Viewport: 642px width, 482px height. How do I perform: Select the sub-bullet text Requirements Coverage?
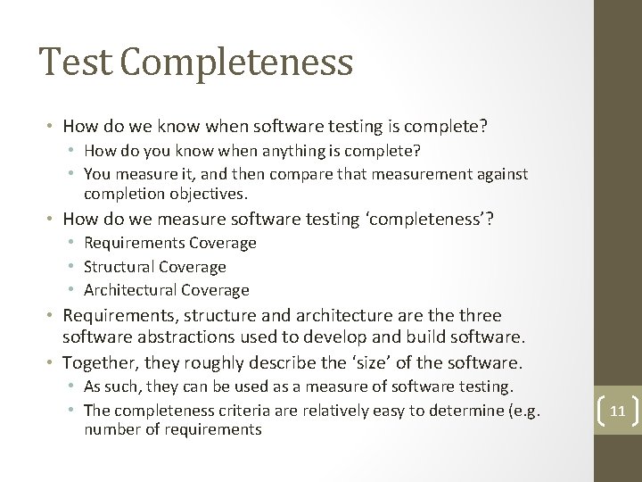pyautogui.click(x=170, y=243)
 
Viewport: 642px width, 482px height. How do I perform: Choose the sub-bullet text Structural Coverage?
pyautogui.click(x=155, y=266)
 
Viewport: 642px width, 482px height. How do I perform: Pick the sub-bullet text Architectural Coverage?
pyautogui.click(x=167, y=289)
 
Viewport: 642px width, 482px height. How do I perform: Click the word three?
pyautogui.click(x=478, y=316)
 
